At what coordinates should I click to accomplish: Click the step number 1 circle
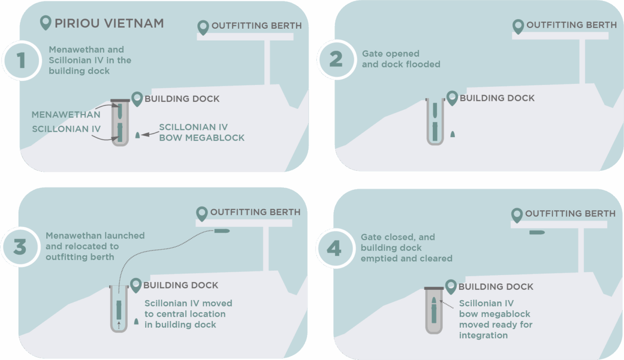point(20,60)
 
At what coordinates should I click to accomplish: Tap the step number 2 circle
point(335,60)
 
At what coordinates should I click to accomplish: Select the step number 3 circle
point(19,247)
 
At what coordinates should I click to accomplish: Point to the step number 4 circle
point(334,249)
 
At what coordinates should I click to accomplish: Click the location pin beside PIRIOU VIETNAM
point(46,23)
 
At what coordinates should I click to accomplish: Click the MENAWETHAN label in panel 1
point(66,115)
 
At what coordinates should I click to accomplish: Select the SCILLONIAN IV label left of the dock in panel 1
point(66,129)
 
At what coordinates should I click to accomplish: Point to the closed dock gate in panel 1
point(120,100)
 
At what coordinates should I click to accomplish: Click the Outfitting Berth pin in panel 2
point(518,26)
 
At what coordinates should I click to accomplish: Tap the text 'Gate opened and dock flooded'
point(401,59)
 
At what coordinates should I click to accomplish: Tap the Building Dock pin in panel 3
point(136,285)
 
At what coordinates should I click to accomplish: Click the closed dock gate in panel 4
point(434,288)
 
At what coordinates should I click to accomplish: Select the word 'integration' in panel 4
point(483,335)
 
